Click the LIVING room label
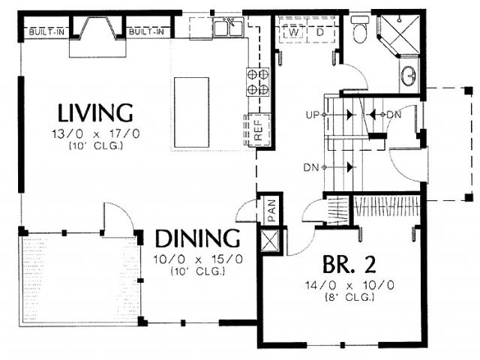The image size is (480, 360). [x=95, y=113]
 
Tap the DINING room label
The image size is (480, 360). [x=198, y=238]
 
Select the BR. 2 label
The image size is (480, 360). [x=349, y=265]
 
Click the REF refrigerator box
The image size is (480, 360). [x=259, y=130]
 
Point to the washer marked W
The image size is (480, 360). [x=293, y=32]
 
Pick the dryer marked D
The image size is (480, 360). [x=320, y=32]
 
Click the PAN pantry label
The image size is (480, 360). [x=271, y=210]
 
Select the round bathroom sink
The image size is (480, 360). [x=408, y=76]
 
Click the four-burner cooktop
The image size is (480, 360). [x=258, y=82]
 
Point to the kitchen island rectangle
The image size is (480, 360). [x=192, y=112]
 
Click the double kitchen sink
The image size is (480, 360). [x=228, y=28]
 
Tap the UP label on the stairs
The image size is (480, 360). [x=312, y=115]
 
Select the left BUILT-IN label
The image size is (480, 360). [x=46, y=31]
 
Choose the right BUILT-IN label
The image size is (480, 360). [x=146, y=31]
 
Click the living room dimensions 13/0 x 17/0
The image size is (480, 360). [x=96, y=133]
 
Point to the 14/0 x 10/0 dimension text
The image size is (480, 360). [x=349, y=285]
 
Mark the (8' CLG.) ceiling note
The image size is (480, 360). [x=349, y=297]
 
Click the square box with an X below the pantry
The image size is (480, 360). [x=269, y=241]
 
